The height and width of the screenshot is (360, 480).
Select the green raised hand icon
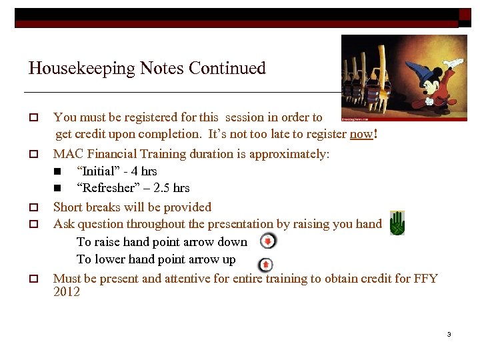click(x=397, y=223)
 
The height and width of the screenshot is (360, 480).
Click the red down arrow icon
click(x=267, y=241)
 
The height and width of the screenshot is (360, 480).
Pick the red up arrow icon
click(x=265, y=265)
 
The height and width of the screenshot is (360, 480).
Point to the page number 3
click(x=449, y=334)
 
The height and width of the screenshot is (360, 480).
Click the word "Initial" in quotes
click(x=99, y=171)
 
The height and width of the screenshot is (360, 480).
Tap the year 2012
click(x=67, y=292)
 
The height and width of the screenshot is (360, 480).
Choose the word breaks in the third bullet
click(x=107, y=207)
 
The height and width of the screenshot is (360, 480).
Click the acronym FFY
click(x=425, y=279)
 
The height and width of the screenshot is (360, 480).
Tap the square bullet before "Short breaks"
click(x=31, y=207)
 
